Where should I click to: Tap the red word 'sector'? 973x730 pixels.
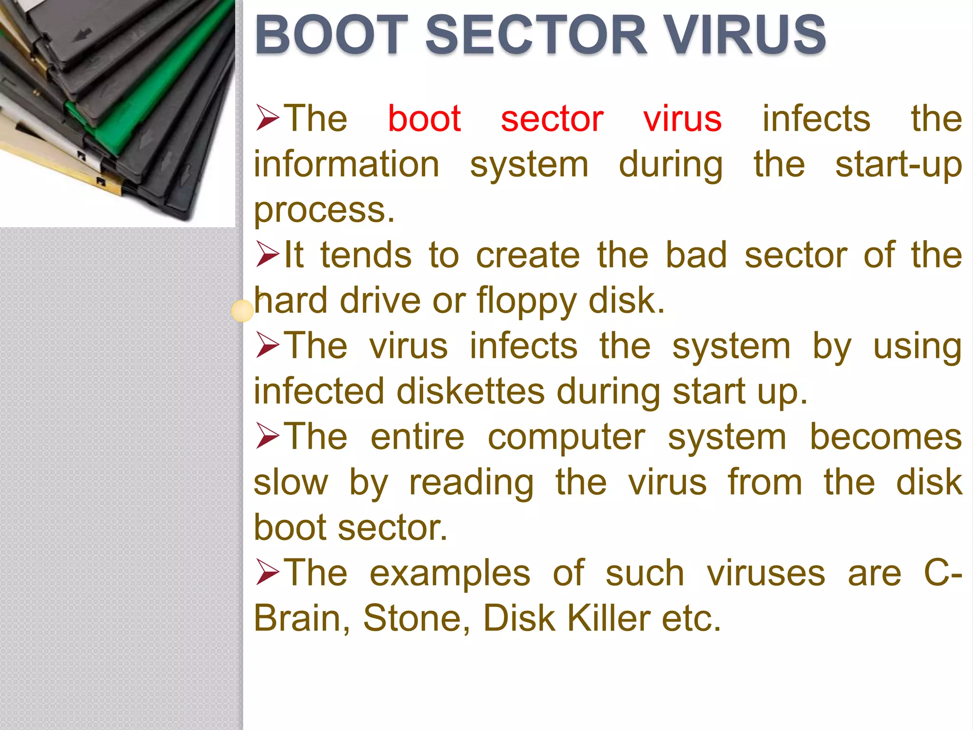point(552,119)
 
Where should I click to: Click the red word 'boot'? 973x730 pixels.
point(424,119)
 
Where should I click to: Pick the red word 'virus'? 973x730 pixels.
point(682,119)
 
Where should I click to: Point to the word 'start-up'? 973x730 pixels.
point(898,165)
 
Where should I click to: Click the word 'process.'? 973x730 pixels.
point(324,210)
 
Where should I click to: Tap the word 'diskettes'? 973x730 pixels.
point(470,392)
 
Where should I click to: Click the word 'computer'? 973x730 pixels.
point(566,437)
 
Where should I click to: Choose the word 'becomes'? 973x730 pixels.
point(886,437)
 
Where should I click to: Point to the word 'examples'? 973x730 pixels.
point(450,573)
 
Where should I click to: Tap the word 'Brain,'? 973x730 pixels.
point(302,618)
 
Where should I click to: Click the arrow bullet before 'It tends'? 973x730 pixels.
point(267,254)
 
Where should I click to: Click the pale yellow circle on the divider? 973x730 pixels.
point(242,311)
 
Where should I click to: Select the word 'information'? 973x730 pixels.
point(346,165)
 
